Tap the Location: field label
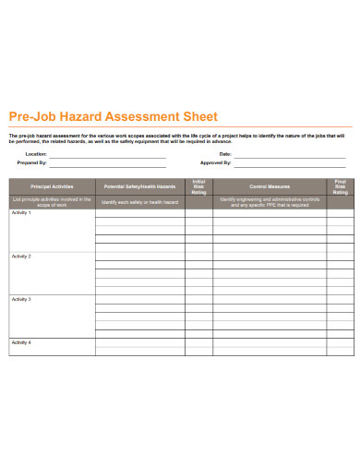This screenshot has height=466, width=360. click(x=36, y=154)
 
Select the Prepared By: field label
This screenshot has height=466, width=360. click(x=33, y=161)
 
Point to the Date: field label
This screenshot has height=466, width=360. click(x=225, y=154)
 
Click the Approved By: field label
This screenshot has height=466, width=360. click(x=218, y=161)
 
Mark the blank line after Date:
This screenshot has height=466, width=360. click(x=291, y=155)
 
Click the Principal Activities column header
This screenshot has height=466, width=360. click(x=52, y=186)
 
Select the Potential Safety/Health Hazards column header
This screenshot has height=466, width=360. click(x=140, y=186)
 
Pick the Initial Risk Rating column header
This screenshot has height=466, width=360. click(x=198, y=186)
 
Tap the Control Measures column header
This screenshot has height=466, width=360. click(x=270, y=186)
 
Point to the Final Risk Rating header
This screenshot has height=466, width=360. click(x=341, y=186)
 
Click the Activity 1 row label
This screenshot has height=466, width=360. click(x=21, y=213)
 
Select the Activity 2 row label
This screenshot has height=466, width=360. click(x=21, y=257)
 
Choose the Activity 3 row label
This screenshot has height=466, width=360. click(x=21, y=300)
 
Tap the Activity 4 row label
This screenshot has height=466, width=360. click(x=21, y=342)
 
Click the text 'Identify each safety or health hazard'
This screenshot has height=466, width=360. click(x=140, y=201)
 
